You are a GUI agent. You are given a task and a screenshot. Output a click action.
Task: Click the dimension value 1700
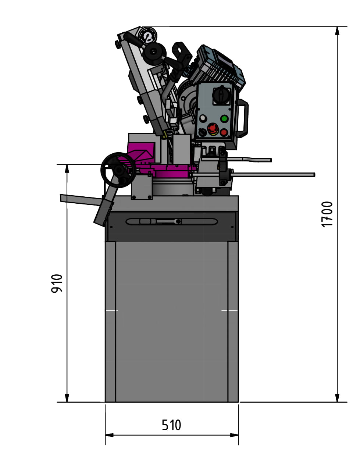[x=327, y=214]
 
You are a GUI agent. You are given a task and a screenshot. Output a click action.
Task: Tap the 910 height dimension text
[x=57, y=283]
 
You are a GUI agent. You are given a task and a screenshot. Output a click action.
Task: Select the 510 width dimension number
[x=171, y=425]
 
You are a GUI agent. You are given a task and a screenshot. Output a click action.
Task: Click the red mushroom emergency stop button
[x=213, y=128]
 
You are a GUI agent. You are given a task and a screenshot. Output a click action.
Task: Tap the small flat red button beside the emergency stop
[x=224, y=132]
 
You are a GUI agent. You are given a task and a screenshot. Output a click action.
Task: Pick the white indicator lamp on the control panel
[x=203, y=118]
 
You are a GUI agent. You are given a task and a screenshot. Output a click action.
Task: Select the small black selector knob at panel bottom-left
[x=202, y=132]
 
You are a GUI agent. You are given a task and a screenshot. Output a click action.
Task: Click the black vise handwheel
[x=118, y=170]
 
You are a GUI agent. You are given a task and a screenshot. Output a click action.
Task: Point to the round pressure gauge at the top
[x=148, y=36]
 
